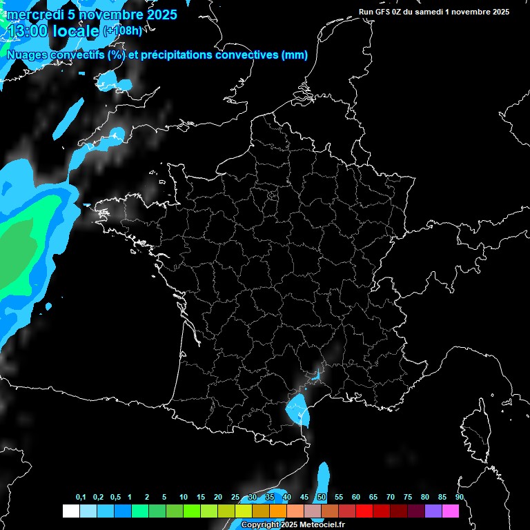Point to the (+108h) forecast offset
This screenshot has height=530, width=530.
click(x=122, y=30)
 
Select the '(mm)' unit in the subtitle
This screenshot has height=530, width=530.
click(x=295, y=55)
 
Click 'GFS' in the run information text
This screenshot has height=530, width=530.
click(x=386, y=12)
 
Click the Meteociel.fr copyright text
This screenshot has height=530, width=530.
click(x=293, y=525)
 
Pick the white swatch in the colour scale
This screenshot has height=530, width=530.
click(x=70, y=511)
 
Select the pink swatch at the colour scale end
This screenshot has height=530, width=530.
click(x=451, y=511)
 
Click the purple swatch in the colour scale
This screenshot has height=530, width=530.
click(x=433, y=511)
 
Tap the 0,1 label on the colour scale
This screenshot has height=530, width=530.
click(x=80, y=498)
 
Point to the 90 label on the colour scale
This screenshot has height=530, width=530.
click(x=459, y=498)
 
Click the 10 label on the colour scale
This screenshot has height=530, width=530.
click(x=183, y=498)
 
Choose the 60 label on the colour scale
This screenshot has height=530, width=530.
click(x=355, y=498)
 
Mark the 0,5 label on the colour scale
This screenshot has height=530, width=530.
click(x=115, y=498)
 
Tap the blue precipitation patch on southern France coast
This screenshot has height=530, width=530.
click(x=297, y=409)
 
